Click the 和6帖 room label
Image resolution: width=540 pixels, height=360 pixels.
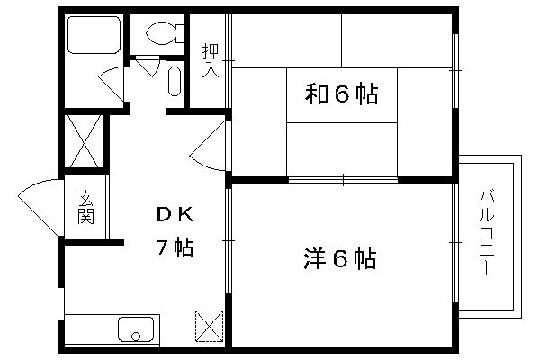coord(341,94)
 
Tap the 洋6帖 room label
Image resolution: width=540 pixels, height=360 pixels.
coord(339,258)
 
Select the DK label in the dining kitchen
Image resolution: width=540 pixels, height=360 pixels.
coord(175,215)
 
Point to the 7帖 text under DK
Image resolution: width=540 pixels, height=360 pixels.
coord(175,247)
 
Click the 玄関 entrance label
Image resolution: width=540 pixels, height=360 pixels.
coord(85,207)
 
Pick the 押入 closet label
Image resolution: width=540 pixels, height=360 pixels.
coord(211,60)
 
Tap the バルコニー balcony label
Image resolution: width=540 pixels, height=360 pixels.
coord(486,232)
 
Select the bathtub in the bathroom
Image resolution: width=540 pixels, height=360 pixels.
coord(94,35)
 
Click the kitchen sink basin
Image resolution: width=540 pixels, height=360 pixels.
coord(136,329)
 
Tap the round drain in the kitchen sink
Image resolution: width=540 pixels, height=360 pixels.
coord(136,336)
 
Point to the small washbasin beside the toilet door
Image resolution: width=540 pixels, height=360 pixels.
coord(175,81)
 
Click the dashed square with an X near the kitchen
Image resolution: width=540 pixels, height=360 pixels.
coord(210,326)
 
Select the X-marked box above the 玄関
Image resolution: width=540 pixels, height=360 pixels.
coord(84,141)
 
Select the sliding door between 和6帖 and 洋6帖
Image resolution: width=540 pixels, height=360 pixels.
coord(343,179)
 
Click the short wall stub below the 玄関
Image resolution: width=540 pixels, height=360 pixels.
coord(94,242)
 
